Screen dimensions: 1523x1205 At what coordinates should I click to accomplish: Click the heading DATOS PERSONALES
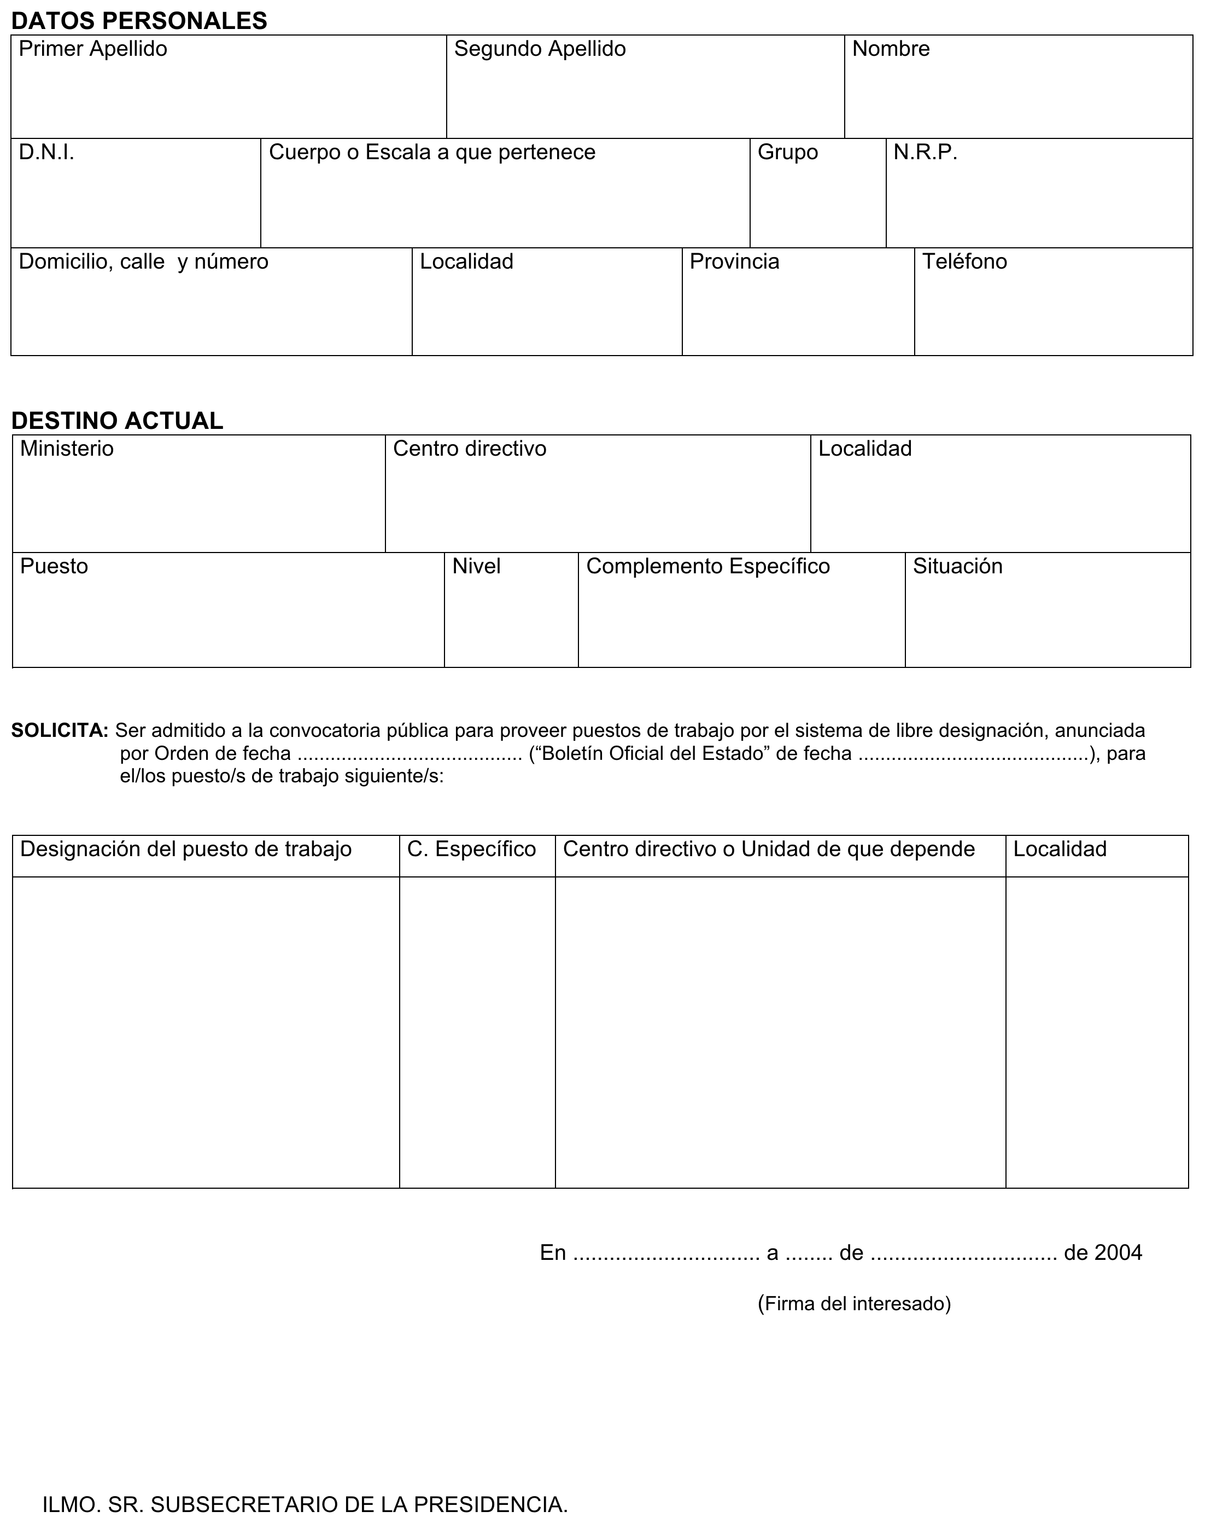pyautogui.click(x=139, y=21)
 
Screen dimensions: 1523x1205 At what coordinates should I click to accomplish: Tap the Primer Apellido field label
pyautogui.click(x=92, y=49)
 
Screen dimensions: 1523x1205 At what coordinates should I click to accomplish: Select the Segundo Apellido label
pyautogui.click(x=540, y=49)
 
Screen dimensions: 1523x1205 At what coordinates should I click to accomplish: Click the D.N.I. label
pyautogui.click(x=46, y=153)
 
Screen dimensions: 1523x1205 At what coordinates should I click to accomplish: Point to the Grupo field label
pyautogui.click(x=787, y=153)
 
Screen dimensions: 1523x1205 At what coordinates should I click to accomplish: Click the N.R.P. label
pyautogui.click(x=925, y=153)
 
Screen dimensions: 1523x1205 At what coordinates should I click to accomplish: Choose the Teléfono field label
pyautogui.click(x=964, y=262)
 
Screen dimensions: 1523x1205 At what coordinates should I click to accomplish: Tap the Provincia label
pyautogui.click(x=734, y=262)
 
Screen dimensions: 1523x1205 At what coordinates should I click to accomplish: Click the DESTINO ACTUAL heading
pyautogui.click(x=117, y=421)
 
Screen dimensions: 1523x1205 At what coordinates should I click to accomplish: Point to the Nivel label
pyautogui.click(x=476, y=567)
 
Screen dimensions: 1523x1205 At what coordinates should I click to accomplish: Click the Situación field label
pyautogui.click(x=957, y=567)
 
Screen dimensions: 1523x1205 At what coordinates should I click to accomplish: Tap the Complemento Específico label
pyautogui.click(x=707, y=567)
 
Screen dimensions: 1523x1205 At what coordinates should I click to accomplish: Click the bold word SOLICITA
pyautogui.click(x=59, y=730)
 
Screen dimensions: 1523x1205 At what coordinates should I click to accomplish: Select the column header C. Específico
pyautogui.click(x=471, y=849)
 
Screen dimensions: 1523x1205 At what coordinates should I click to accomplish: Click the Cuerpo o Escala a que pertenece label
pyautogui.click(x=432, y=153)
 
